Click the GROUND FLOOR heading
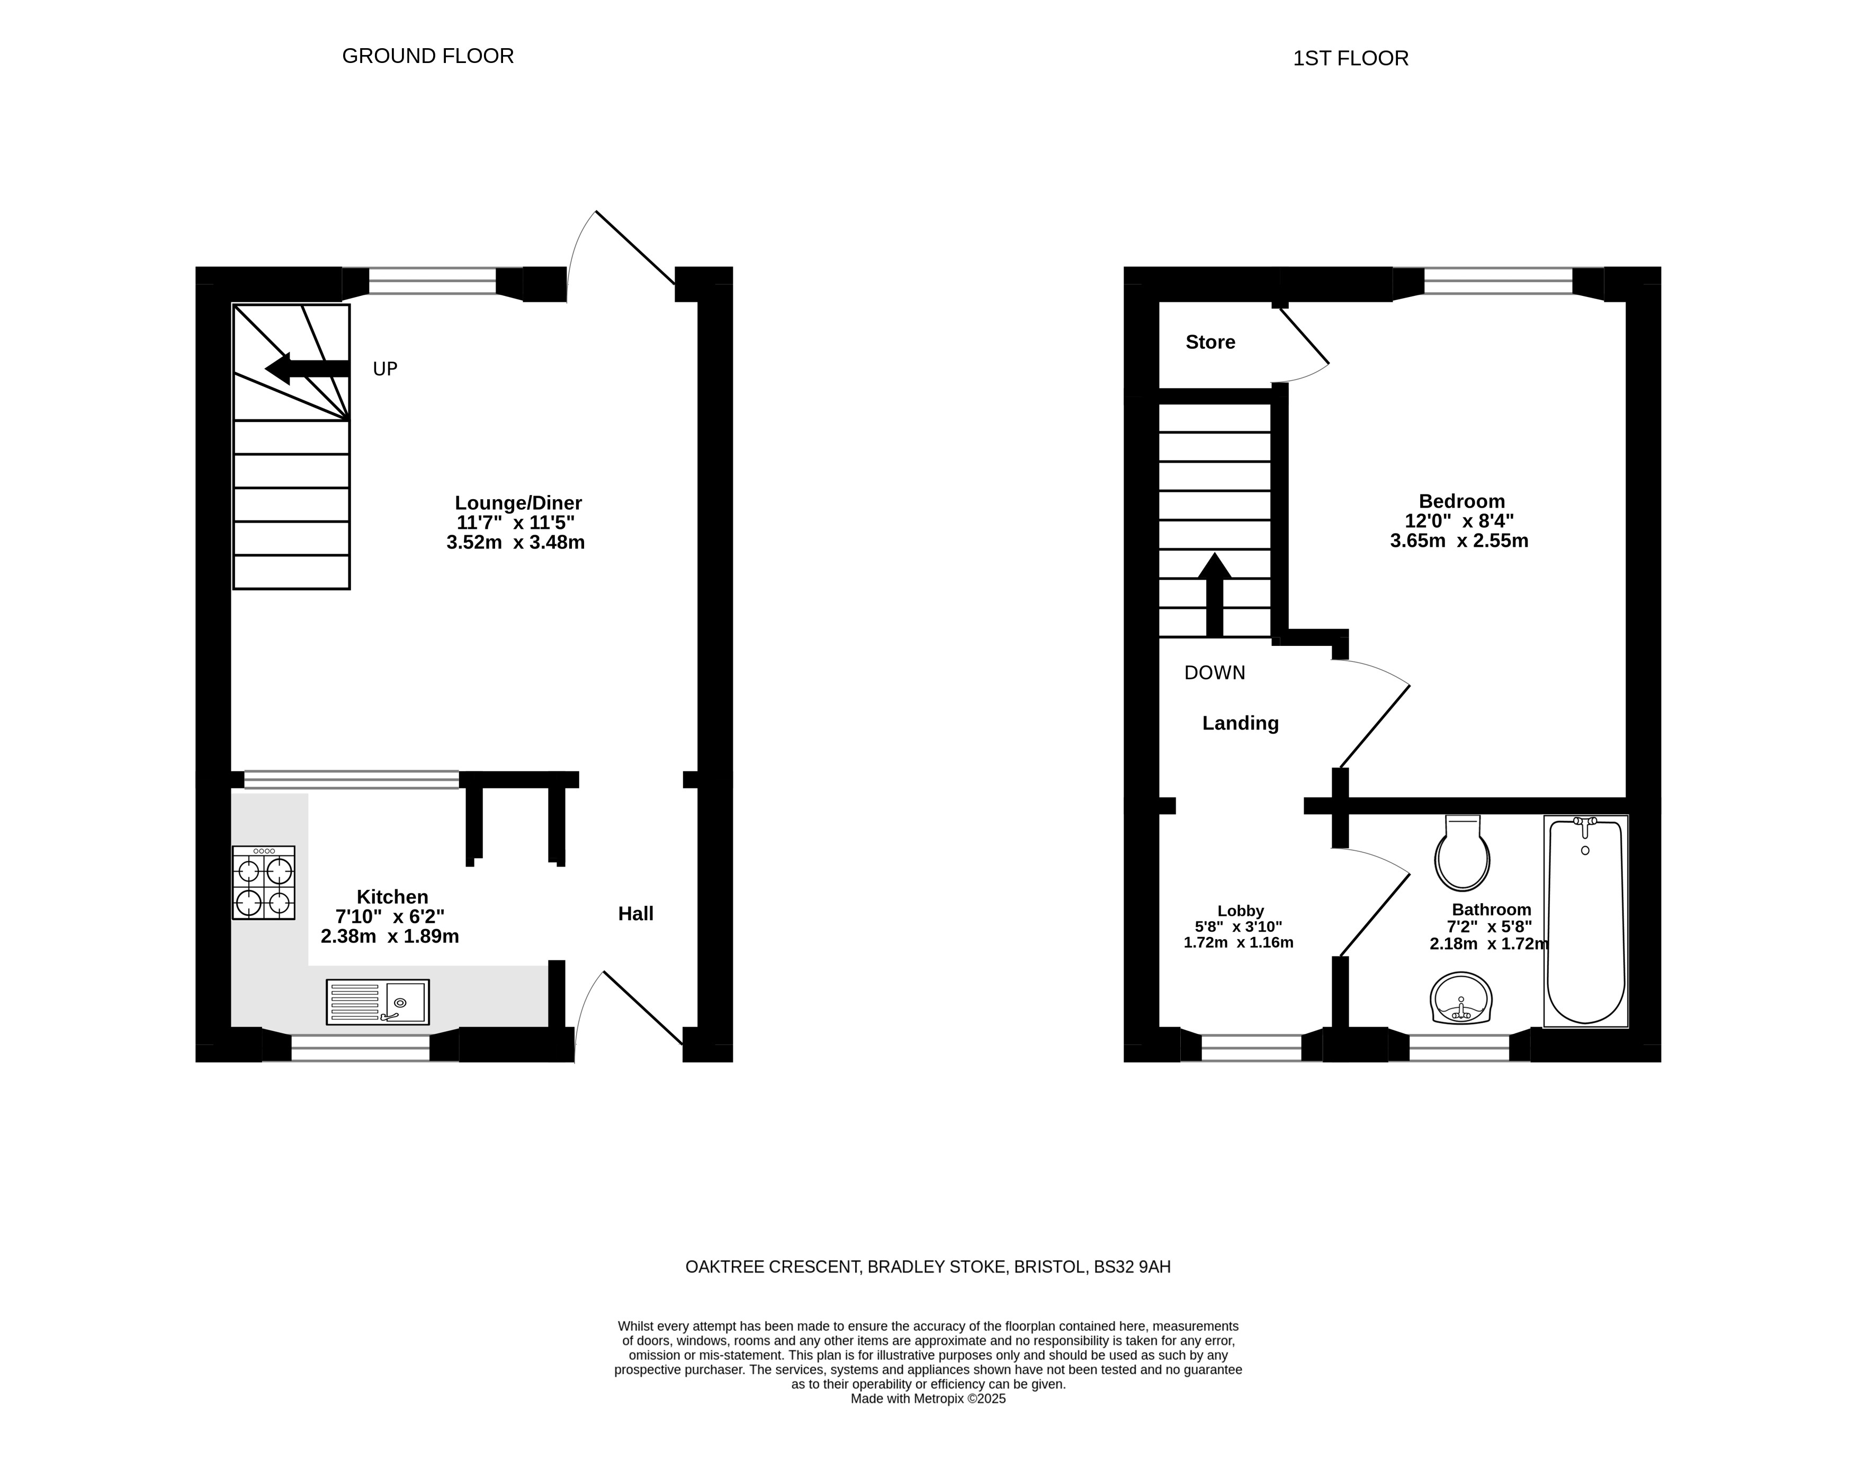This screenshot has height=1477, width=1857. click(428, 56)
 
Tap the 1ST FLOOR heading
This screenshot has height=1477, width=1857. click(1351, 59)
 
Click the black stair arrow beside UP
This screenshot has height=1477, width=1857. click(307, 368)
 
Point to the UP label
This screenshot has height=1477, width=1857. click(385, 368)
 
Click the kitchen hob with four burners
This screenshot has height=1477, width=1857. click(264, 882)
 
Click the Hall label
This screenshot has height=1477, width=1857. click(635, 914)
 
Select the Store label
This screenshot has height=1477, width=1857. click(1210, 342)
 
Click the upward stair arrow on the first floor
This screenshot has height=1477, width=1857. click(1215, 595)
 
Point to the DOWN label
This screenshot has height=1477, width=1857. click(1215, 673)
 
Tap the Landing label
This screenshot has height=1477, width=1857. click(1240, 724)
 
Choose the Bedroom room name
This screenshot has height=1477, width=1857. click(1461, 501)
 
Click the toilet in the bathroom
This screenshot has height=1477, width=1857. click(1463, 853)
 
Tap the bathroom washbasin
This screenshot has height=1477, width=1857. click(1461, 998)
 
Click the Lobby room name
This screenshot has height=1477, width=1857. click(1240, 911)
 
